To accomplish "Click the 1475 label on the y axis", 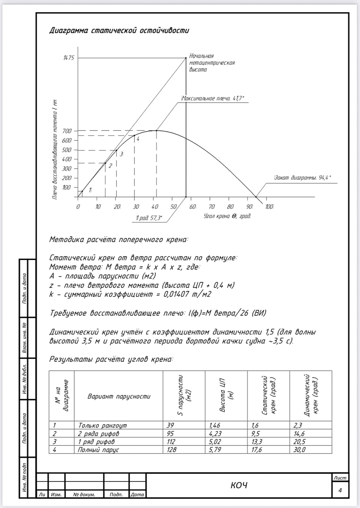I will (68, 58).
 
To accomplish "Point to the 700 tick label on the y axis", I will (68, 131).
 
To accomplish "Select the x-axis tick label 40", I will (155, 207).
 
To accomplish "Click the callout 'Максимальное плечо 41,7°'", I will (213, 98).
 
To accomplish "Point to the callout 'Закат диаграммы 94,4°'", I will (302, 178).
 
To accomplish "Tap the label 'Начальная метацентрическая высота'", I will (212, 63).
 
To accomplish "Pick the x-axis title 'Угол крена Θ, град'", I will (227, 216).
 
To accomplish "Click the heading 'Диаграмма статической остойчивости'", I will (119, 30).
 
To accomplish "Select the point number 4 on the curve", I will (137, 139).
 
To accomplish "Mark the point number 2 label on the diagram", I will (110, 166).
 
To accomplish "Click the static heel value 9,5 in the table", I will (254, 433).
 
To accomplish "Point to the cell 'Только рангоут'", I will (102, 425).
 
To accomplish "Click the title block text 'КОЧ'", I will (239, 485).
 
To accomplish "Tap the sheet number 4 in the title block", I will (340, 490).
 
